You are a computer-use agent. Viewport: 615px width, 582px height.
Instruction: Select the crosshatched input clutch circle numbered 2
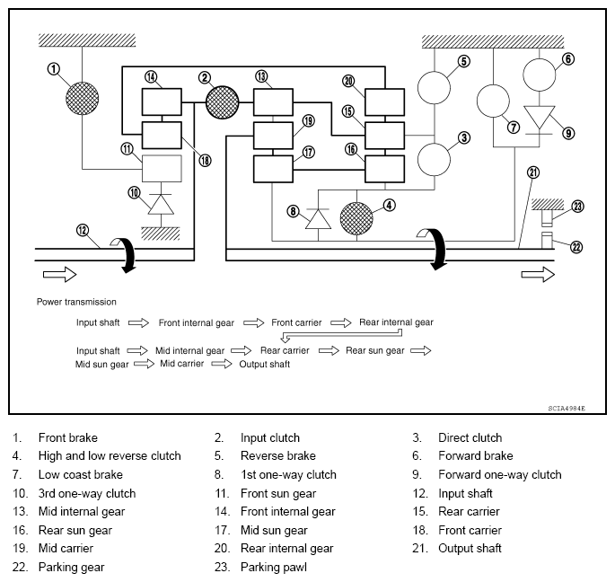pyautogui.click(x=222, y=102)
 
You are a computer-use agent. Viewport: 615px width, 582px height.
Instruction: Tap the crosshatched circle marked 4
pyautogui.click(x=357, y=217)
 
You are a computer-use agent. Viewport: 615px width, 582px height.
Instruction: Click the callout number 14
pyautogui.click(x=150, y=78)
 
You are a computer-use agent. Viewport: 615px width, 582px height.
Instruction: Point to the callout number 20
pyautogui.click(x=348, y=81)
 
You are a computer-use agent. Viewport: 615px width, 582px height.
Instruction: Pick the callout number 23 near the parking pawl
pyautogui.click(x=577, y=206)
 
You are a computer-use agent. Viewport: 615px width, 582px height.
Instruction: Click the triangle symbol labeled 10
pyautogui.click(x=162, y=205)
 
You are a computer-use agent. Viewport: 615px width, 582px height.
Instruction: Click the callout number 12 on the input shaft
pyautogui.click(x=83, y=231)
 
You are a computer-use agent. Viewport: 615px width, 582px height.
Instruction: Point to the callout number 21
pyautogui.click(x=532, y=172)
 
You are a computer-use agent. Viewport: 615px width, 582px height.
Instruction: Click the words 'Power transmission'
pyautogui.click(x=77, y=302)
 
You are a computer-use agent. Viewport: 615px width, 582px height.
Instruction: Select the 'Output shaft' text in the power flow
pyautogui.click(x=265, y=364)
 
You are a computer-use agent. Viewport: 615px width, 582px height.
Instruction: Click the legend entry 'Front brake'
pyautogui.click(x=67, y=438)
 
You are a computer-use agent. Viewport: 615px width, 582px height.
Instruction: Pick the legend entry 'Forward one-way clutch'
pyautogui.click(x=499, y=475)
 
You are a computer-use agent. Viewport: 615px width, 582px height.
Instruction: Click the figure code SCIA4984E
pyautogui.click(x=566, y=408)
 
